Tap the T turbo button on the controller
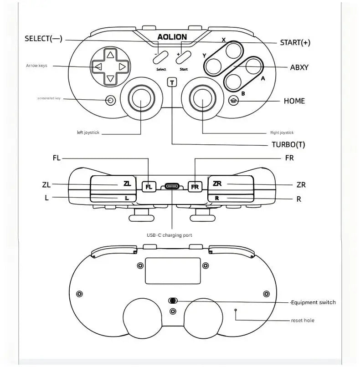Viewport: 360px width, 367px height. point(172,82)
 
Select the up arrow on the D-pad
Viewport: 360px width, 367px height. point(110,55)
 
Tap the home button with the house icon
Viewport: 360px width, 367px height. point(234,101)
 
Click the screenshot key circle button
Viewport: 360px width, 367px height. point(110,100)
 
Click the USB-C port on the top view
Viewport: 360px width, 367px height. point(172,186)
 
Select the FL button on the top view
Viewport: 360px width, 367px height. point(149,187)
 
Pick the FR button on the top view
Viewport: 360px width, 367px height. point(195,187)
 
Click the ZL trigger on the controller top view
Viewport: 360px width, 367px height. point(113,184)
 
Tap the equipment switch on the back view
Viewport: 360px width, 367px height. point(173,301)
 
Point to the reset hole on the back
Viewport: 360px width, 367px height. point(236,311)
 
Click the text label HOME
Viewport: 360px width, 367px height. point(294,101)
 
